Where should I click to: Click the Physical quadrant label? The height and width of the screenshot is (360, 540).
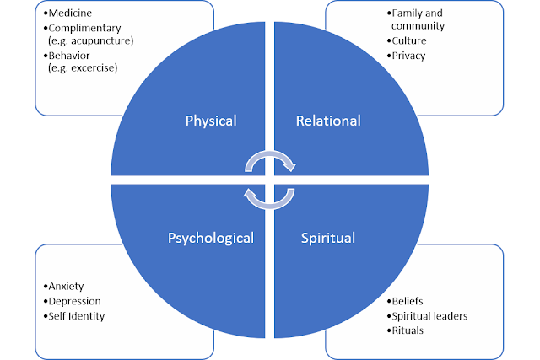tap(211, 121)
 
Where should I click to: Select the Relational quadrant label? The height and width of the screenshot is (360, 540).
tap(328, 121)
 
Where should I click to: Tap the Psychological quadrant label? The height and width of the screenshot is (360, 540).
tap(211, 238)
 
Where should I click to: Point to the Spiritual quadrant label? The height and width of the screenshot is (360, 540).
tap(328, 238)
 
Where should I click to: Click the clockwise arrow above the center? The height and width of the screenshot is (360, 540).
tap(270, 153)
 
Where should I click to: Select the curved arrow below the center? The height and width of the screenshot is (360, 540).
tap(269, 207)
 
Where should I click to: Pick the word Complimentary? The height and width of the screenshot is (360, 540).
tap(84, 28)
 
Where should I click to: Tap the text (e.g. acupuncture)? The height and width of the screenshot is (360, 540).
tap(91, 40)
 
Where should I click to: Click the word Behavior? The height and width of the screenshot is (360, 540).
tap(69, 56)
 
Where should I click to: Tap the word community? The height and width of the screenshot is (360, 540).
tap(418, 26)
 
